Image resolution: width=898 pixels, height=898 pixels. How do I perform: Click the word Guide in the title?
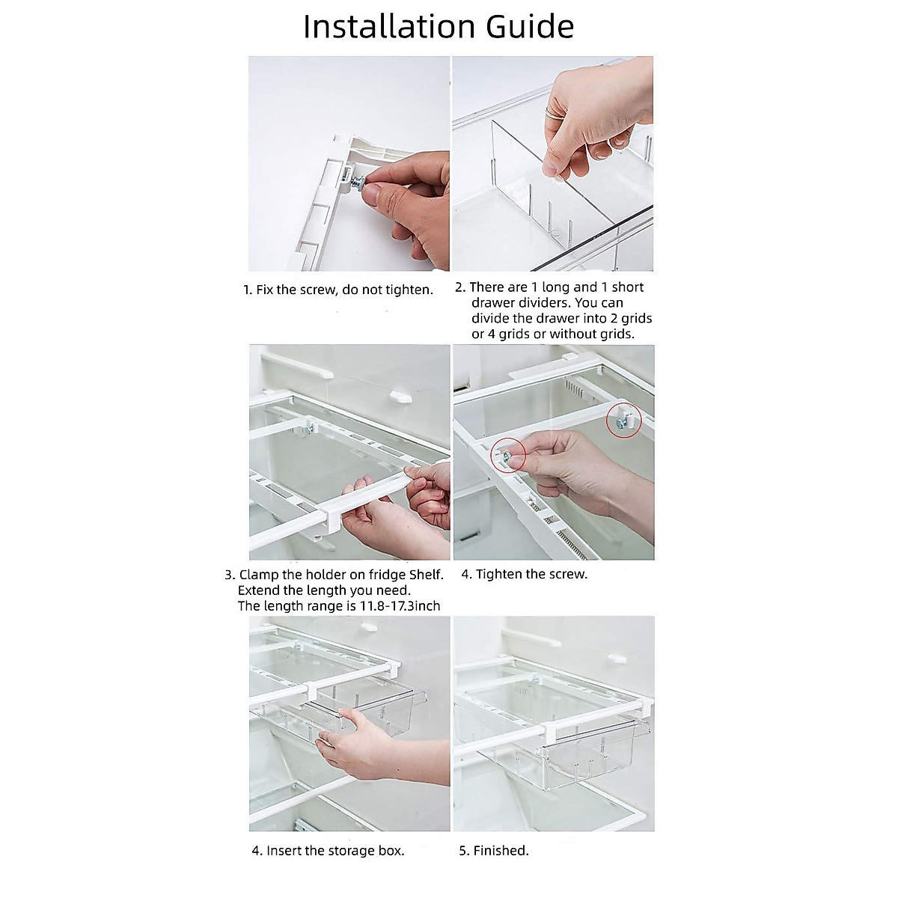pyautogui.click(x=531, y=26)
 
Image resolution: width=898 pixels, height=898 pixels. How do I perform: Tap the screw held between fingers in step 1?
pyautogui.click(x=357, y=182)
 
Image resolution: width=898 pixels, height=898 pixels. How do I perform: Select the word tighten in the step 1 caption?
pyautogui.click(x=410, y=290)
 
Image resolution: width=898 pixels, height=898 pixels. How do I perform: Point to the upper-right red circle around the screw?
pyautogui.click(x=623, y=420)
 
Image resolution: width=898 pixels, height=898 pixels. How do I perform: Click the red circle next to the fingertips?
pyautogui.click(x=508, y=455)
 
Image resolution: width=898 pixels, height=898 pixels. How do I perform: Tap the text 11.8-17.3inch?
pyautogui.click(x=400, y=606)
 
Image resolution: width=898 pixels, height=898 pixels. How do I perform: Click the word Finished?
pyautogui.click(x=501, y=850)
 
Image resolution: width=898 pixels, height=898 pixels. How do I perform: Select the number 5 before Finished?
pyautogui.click(x=464, y=850)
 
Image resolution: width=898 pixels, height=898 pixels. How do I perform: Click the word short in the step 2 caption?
pyautogui.click(x=627, y=287)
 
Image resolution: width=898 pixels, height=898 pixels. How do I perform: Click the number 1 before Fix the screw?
pyautogui.click(x=248, y=290)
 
